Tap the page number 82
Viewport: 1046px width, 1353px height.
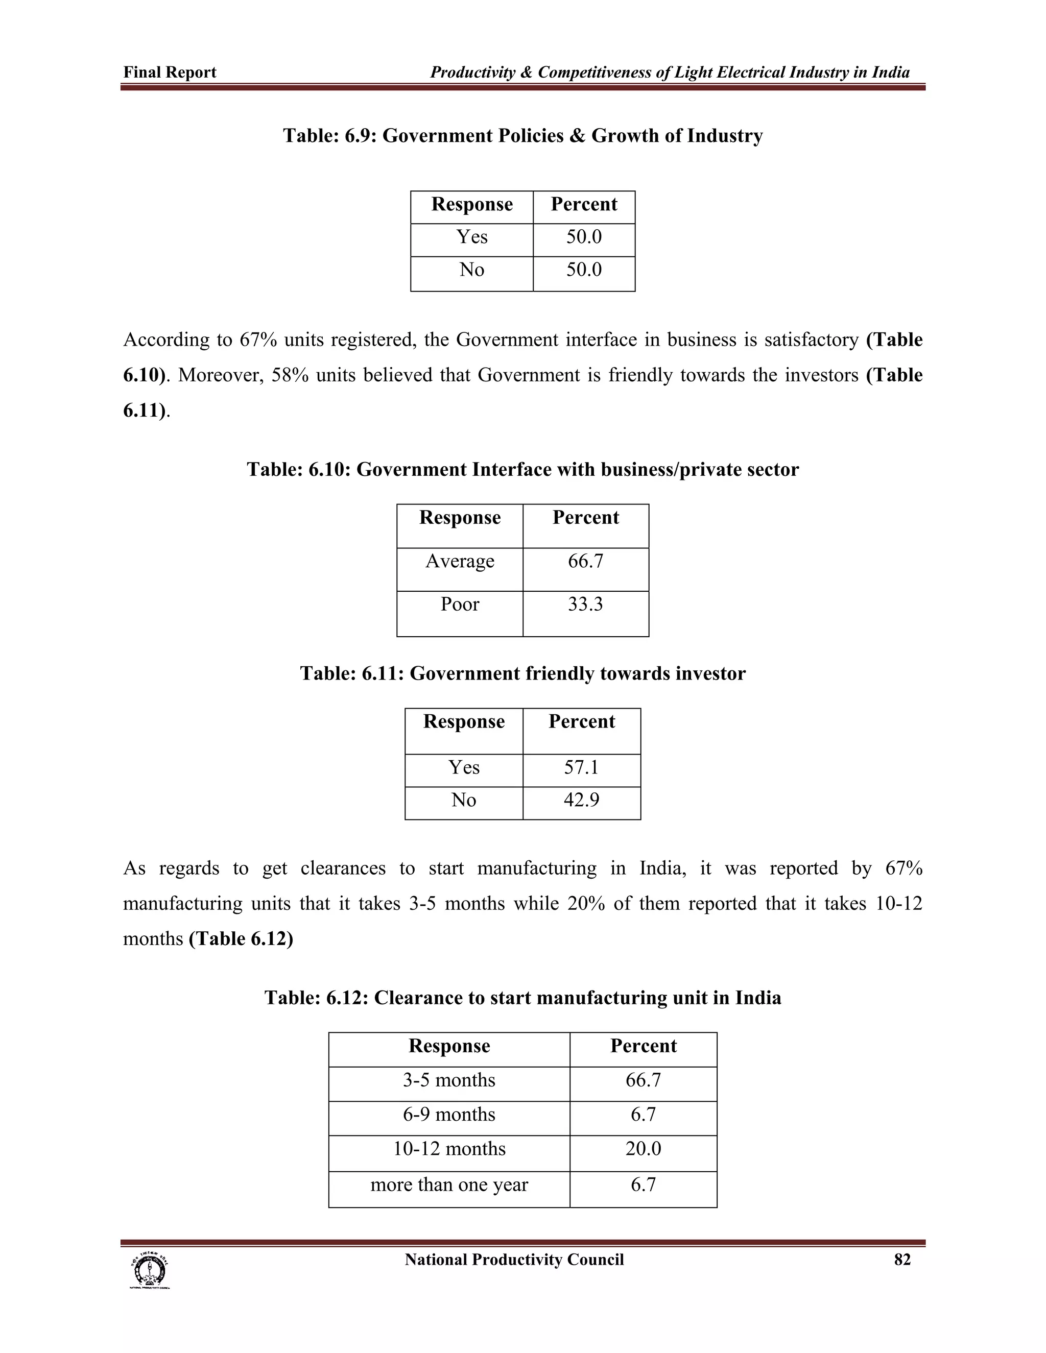tap(902, 1260)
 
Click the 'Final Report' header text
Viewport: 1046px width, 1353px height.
tap(170, 73)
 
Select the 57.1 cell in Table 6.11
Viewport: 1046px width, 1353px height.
tap(581, 767)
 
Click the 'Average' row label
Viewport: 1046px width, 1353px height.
tap(460, 561)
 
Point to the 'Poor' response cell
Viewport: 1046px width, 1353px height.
tap(460, 604)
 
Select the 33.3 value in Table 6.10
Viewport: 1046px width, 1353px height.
tap(585, 604)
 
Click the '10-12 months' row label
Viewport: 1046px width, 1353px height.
tap(449, 1149)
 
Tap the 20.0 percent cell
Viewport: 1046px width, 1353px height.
tap(643, 1149)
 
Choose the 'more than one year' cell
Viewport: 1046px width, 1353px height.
tap(449, 1185)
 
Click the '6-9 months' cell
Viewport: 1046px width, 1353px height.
tap(449, 1115)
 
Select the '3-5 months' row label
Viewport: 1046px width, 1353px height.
tap(449, 1080)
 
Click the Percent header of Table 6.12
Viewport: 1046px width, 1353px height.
tap(643, 1046)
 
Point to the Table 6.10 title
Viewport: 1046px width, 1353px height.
tap(522, 470)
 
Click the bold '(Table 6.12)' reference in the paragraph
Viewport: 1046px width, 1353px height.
tap(241, 939)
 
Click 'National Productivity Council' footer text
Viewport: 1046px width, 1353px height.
tap(514, 1260)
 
